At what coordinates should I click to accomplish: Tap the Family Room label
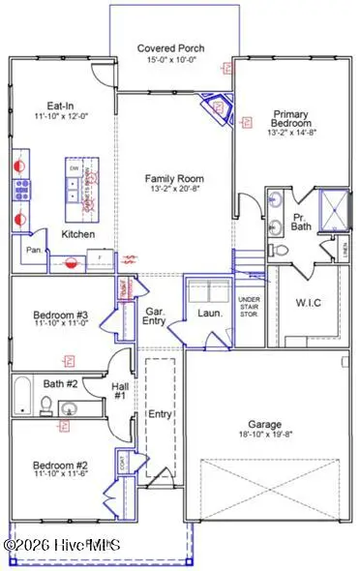(174, 178)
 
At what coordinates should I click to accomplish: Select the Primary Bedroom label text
(290, 118)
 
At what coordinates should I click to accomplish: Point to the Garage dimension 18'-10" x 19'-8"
(264, 436)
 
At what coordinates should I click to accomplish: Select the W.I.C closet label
(309, 302)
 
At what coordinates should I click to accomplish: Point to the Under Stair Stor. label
(250, 308)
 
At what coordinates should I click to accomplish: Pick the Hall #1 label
(119, 390)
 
